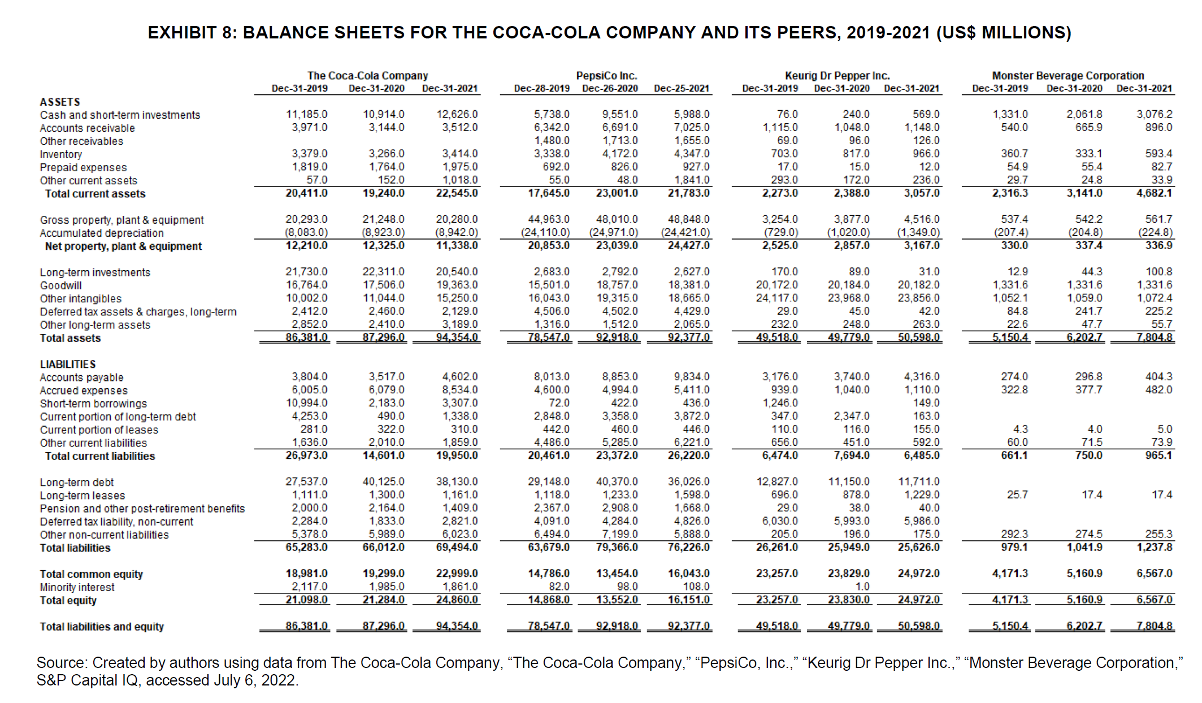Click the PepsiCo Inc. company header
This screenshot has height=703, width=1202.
pos(606,75)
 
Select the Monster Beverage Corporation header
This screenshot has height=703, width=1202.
pos(1068,75)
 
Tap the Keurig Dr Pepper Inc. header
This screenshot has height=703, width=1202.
pos(837,75)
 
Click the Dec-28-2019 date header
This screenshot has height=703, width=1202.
pos(541,88)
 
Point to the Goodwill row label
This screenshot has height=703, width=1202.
pos(60,285)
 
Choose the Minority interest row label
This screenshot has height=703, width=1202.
pos(77,587)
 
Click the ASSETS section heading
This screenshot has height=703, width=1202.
pos(59,102)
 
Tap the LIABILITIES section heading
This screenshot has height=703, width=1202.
pos(67,364)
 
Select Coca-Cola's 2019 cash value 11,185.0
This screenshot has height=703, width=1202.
pos(306,114)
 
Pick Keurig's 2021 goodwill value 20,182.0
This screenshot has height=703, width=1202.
pos(918,285)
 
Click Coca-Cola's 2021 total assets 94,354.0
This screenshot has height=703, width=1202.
pos(457,338)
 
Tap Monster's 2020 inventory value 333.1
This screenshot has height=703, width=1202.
pos(1088,153)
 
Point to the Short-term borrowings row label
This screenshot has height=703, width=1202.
pos(93,403)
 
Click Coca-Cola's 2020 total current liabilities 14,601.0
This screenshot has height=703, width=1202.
pos(383,455)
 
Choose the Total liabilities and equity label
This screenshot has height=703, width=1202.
pos(102,626)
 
